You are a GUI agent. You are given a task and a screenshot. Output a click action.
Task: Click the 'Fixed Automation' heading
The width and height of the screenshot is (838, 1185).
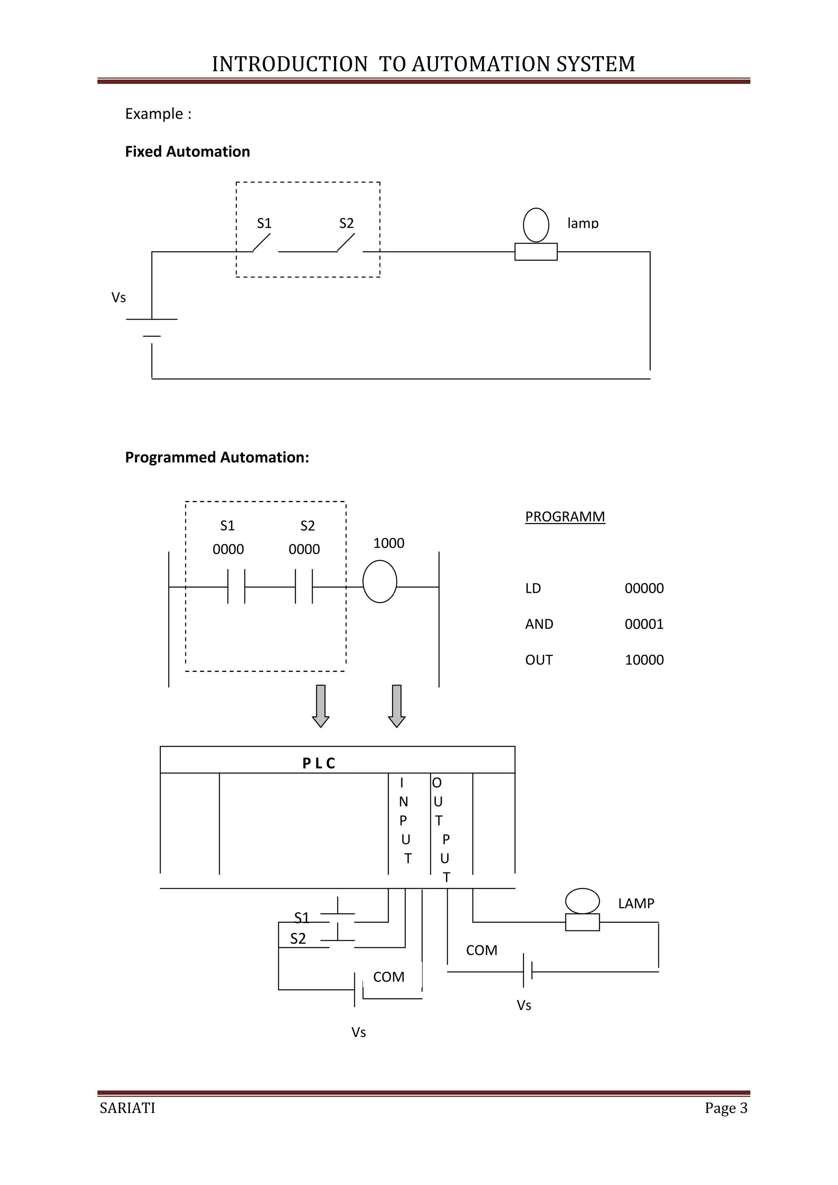tap(187, 152)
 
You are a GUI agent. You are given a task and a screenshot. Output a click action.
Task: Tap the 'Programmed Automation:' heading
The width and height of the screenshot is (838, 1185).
tap(217, 457)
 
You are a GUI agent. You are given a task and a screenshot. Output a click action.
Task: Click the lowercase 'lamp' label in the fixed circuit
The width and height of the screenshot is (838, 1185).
tap(583, 223)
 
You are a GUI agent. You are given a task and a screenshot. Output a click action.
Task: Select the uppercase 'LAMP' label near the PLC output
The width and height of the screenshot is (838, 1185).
tap(636, 903)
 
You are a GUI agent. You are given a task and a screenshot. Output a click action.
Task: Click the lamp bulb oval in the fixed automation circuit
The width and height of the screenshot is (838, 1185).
tap(536, 225)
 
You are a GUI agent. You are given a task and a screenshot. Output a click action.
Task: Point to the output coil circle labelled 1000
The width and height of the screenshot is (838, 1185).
tap(380, 582)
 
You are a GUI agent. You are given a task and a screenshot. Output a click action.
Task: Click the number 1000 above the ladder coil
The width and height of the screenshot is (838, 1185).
tap(389, 543)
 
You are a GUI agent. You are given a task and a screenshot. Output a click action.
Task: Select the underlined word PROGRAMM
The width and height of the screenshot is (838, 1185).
tap(565, 517)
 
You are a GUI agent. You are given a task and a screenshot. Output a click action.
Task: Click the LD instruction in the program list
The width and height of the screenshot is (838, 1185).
tap(533, 588)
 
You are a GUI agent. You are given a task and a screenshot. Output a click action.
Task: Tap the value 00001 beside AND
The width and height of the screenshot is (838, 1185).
tap(644, 624)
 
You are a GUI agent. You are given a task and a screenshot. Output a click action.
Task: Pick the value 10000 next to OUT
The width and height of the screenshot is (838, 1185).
tap(644, 660)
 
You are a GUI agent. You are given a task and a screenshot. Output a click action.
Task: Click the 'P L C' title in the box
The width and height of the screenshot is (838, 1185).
tap(319, 763)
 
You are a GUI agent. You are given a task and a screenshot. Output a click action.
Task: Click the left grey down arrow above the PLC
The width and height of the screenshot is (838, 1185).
tap(320, 705)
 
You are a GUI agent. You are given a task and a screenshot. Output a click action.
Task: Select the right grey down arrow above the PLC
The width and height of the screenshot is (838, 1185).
tap(396, 705)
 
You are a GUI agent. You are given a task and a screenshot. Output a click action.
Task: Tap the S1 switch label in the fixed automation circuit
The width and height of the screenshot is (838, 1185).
tap(264, 223)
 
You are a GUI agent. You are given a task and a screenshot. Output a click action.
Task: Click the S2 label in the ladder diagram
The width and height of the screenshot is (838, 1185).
tap(308, 526)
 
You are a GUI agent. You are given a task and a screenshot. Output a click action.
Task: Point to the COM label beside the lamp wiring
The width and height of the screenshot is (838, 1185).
tap(482, 950)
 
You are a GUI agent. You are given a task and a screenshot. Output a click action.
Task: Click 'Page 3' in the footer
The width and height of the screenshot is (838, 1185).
tap(726, 1108)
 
